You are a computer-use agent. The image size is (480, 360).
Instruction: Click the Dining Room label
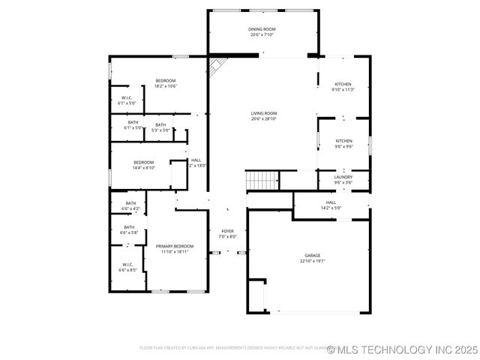click(x=262, y=31)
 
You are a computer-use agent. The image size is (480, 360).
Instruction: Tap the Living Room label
click(x=264, y=115)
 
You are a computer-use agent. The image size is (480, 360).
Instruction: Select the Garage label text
click(x=312, y=258)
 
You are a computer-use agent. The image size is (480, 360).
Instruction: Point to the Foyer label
click(x=227, y=233)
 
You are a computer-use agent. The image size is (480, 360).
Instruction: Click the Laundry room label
click(x=343, y=179)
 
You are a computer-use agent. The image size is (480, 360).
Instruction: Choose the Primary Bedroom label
click(x=175, y=248)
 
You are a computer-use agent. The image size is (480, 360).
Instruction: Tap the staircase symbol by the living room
click(x=262, y=180)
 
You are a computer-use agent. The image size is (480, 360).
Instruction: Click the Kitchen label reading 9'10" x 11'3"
click(x=343, y=86)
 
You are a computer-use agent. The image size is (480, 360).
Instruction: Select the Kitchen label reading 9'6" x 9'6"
click(x=343, y=143)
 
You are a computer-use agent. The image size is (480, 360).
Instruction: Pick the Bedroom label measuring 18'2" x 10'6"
click(x=166, y=83)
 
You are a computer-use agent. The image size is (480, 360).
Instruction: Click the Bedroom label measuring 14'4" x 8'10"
click(x=144, y=165)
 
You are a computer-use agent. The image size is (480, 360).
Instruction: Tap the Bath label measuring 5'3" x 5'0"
click(x=160, y=127)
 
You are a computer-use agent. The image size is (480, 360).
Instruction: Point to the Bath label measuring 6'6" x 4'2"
click(x=130, y=205)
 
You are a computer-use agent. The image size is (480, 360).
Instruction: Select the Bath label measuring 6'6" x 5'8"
click(x=129, y=229)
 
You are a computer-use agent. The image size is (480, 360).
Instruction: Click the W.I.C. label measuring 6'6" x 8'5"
click(x=127, y=266)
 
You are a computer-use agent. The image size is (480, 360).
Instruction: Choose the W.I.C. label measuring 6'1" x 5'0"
click(x=127, y=100)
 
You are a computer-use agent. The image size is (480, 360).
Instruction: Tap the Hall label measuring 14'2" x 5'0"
click(x=331, y=205)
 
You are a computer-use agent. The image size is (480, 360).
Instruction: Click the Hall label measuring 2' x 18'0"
click(x=196, y=162)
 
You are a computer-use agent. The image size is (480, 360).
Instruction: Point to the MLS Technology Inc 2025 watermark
click(x=401, y=349)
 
